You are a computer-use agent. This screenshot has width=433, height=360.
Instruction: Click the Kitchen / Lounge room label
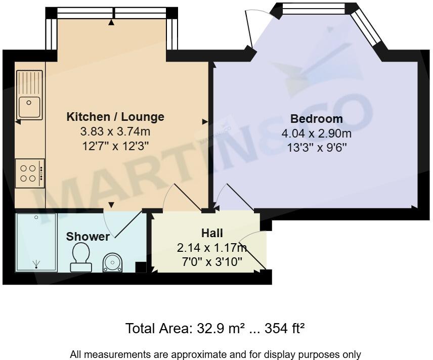point(115,117)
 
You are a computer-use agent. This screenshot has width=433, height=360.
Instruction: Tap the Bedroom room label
point(316,119)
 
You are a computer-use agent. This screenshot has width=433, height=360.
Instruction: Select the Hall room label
point(212,233)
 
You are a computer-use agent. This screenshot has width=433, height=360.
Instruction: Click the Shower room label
point(88,237)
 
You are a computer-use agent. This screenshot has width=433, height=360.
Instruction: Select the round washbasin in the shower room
point(113,261)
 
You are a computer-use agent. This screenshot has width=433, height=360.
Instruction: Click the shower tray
point(36,242)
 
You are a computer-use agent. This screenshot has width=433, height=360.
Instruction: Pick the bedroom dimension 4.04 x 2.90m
point(316,133)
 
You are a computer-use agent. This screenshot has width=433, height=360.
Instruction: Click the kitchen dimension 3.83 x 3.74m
point(115,131)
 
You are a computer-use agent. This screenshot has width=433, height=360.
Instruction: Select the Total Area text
point(215,329)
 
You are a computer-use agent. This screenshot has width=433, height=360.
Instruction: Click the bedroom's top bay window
point(313,8)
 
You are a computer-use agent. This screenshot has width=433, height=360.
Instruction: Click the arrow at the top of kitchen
point(112,22)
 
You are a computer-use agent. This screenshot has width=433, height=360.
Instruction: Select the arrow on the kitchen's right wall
point(205,121)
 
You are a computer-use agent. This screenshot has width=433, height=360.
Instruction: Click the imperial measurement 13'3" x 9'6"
point(316,148)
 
